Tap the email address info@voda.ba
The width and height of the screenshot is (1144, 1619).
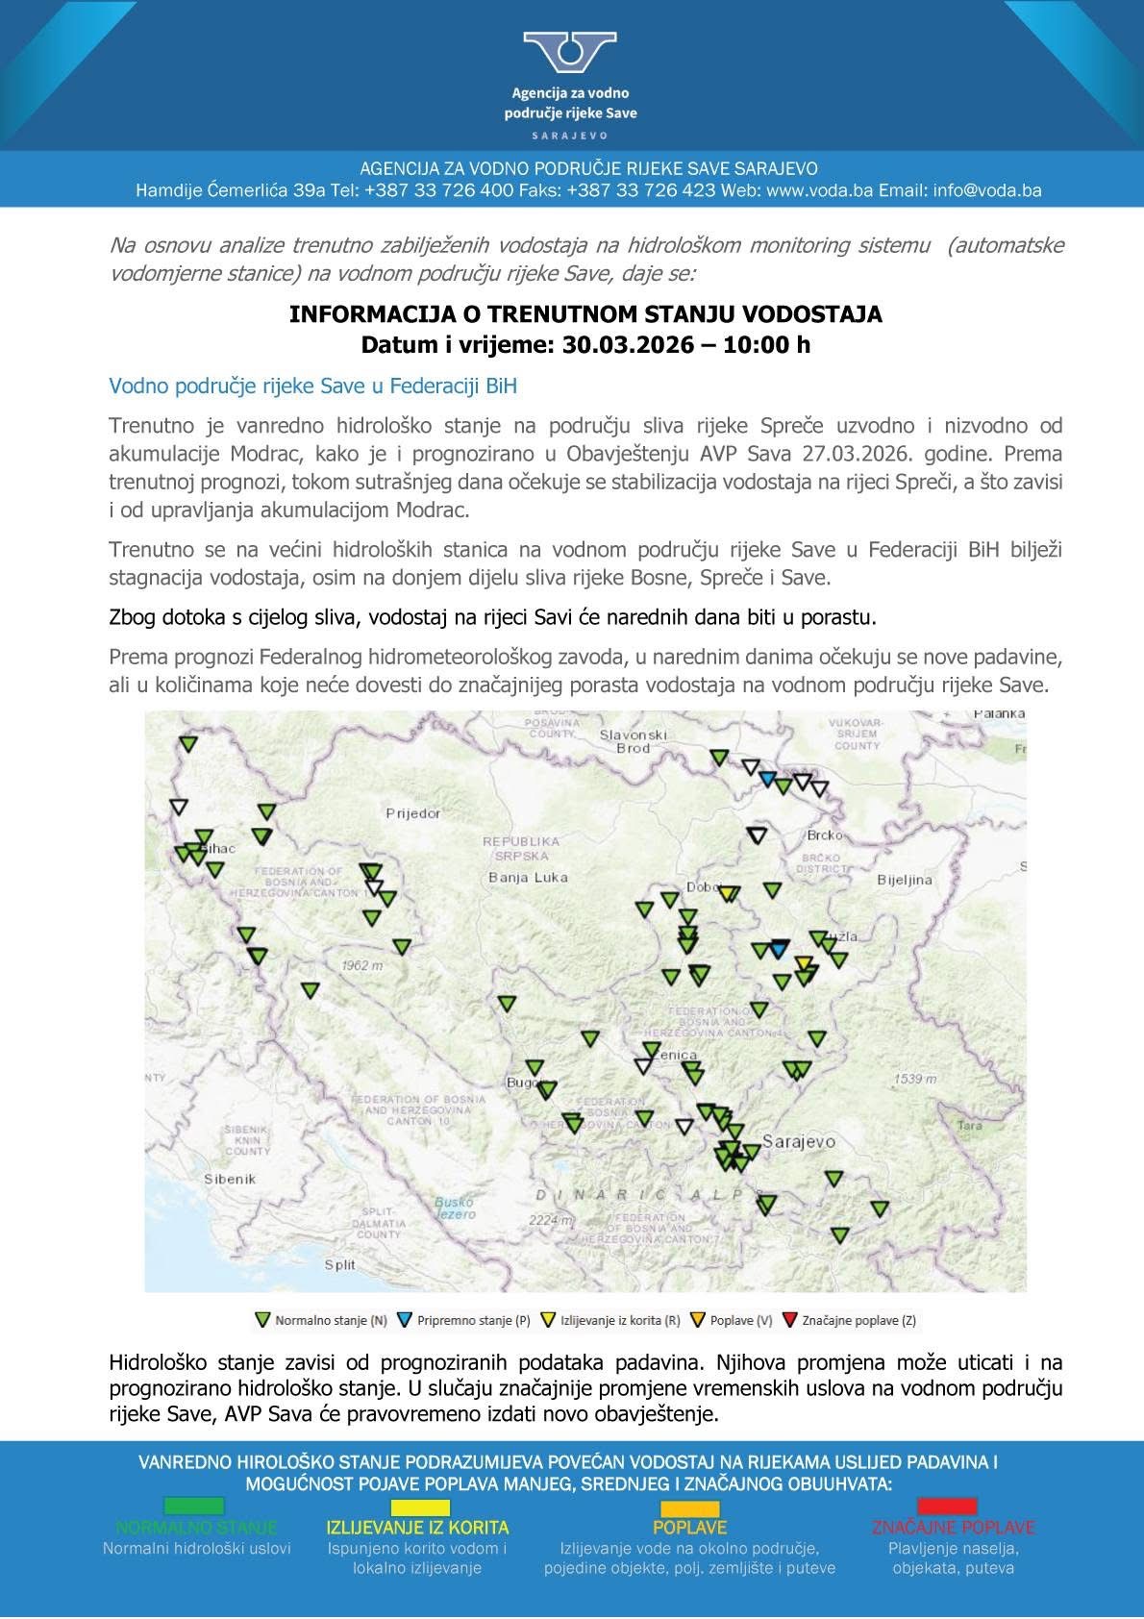tap(987, 190)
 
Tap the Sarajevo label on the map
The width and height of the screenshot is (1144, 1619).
tap(798, 1142)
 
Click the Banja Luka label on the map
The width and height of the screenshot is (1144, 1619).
tap(528, 877)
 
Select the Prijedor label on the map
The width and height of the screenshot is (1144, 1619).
tap(413, 813)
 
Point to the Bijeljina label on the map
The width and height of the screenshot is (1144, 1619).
tap(905, 880)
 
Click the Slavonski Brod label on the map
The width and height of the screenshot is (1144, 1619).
tap(633, 741)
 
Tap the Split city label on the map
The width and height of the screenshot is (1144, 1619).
tap(340, 1265)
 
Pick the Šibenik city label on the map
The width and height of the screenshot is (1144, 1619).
tap(230, 1179)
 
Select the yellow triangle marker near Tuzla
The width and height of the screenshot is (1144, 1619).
tap(804, 962)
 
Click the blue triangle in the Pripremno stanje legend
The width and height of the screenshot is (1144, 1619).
tap(405, 1320)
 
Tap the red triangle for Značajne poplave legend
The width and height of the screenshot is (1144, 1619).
tap(790, 1320)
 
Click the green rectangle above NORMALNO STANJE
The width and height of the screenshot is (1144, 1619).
tap(194, 1506)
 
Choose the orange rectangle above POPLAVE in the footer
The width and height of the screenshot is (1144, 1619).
tap(689, 1508)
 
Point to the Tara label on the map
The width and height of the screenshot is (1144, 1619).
tap(970, 1125)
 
